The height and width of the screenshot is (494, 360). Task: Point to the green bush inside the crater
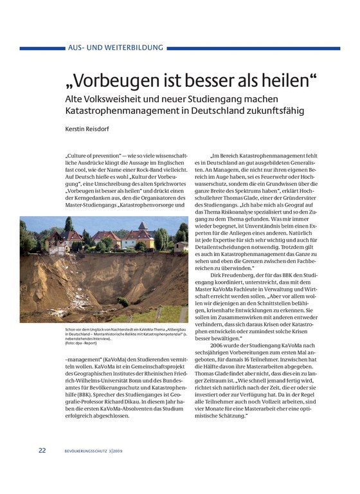pyautogui.click(x=123, y=302)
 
